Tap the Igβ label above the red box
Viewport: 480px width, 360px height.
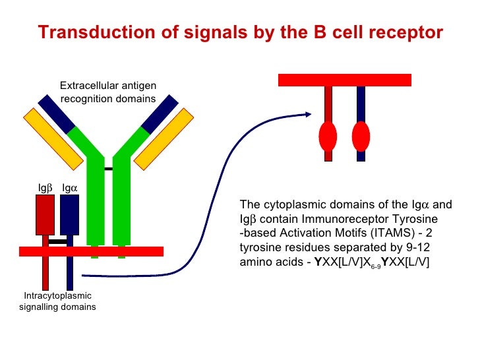pos(44,189)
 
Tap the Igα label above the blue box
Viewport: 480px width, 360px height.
pos(70,189)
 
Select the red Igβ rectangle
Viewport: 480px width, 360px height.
pos(45,214)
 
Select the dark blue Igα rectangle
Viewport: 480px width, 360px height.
pos(69,214)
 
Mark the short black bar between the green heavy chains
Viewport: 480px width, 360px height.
pos(108,169)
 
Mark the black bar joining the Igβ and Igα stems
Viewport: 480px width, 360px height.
pos(58,241)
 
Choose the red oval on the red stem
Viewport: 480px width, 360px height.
pos(328,136)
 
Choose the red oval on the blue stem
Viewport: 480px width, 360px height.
pos(361,136)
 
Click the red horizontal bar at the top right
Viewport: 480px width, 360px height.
pos(345,80)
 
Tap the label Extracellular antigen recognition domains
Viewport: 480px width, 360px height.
pos(107,92)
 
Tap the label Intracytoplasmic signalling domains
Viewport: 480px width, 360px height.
pos(58,301)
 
